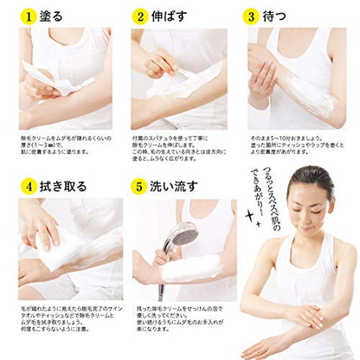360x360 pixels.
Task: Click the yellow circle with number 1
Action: (x=29, y=16)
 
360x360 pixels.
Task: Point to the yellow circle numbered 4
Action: (x=29, y=185)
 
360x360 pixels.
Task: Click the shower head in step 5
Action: (x=180, y=234)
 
